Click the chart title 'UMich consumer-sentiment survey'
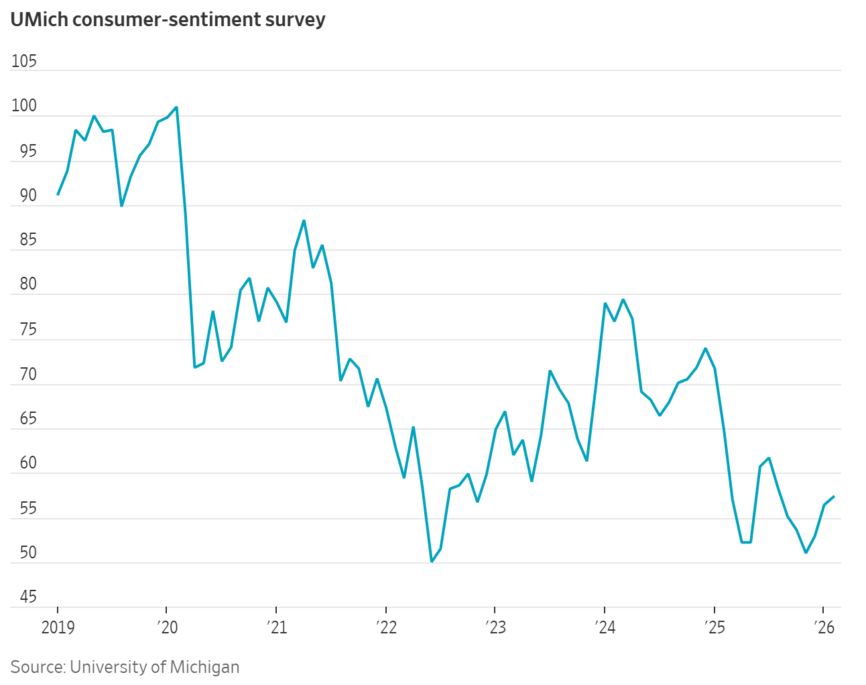[x=168, y=19]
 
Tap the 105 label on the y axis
[x=24, y=62]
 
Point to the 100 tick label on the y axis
[x=24, y=107]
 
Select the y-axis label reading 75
[x=28, y=330]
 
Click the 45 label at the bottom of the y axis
[x=28, y=597]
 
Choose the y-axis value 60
[x=28, y=463]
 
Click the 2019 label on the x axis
[x=58, y=627]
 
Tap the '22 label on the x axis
[x=386, y=627]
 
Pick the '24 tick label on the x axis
[x=605, y=627]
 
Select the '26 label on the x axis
[x=824, y=627]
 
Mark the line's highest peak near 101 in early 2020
[x=176, y=107]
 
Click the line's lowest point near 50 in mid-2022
[x=432, y=562]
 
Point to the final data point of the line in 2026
[x=833, y=497]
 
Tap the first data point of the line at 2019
[x=58, y=194]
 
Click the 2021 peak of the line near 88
[x=304, y=221]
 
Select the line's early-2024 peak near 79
[x=623, y=300]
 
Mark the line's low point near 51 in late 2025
[x=806, y=552]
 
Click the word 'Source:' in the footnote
[x=38, y=667]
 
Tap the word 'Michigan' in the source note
[x=204, y=667]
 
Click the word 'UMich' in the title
[x=39, y=19]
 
